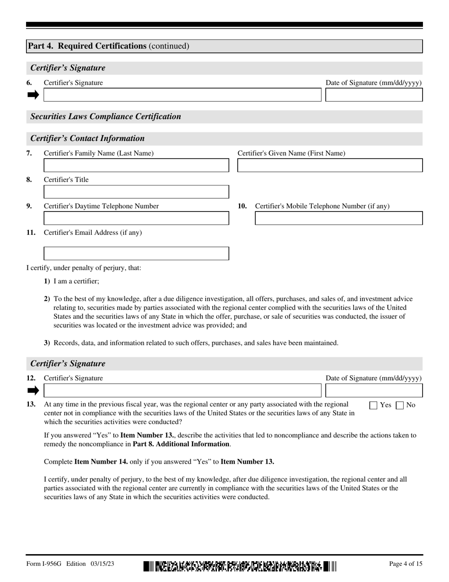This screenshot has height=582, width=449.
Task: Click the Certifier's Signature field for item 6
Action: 182,95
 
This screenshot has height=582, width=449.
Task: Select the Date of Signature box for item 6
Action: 374,95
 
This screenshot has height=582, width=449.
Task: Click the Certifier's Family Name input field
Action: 136,165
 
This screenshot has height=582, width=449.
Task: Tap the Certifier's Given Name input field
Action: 329,165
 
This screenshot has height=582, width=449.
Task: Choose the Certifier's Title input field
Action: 136,192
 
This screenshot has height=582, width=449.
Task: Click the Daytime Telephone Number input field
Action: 136,218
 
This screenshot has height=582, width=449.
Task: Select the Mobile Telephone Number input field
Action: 338,218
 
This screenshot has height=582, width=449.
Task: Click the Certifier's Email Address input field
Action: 136,253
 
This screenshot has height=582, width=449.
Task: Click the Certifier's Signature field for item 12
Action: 182,390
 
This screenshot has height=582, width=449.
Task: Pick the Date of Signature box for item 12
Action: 374,390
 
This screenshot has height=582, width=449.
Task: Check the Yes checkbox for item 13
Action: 373,405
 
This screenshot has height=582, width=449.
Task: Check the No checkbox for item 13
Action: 399,405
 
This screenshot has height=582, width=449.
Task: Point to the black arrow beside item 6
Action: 33,95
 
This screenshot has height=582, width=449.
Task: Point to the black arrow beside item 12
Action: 33,390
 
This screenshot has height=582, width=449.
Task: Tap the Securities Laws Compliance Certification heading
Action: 105,116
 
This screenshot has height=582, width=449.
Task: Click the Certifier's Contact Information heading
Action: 87,138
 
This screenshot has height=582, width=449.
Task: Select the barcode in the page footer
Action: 240,566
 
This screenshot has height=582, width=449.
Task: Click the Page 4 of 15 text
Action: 406,564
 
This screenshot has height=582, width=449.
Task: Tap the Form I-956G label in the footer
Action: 45,564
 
